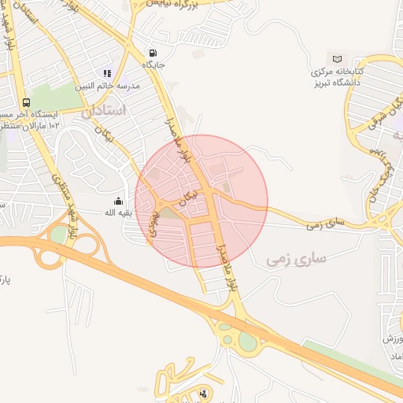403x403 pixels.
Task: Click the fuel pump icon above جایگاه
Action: pyautogui.click(x=151, y=54)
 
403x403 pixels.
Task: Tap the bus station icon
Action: pyautogui.click(x=28, y=102)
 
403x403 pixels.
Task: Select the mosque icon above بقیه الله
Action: pyautogui.click(x=119, y=201)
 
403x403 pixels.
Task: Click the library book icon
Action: pyautogui.click(x=338, y=59)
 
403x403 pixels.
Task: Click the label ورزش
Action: pyautogui.click(x=393, y=338)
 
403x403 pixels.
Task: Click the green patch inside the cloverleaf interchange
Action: pyautogui.click(x=58, y=234)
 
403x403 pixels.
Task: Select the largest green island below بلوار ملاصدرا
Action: pyautogui.click(x=248, y=341)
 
